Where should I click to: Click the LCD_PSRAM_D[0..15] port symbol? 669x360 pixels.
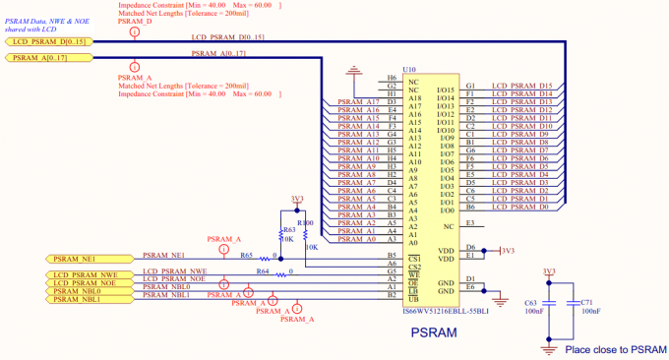50,42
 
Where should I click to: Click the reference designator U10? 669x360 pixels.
395,70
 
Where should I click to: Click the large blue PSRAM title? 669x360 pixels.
434,333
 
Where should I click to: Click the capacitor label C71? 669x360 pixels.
588,303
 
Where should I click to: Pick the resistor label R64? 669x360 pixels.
262,270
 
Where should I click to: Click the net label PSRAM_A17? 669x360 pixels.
358,102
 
